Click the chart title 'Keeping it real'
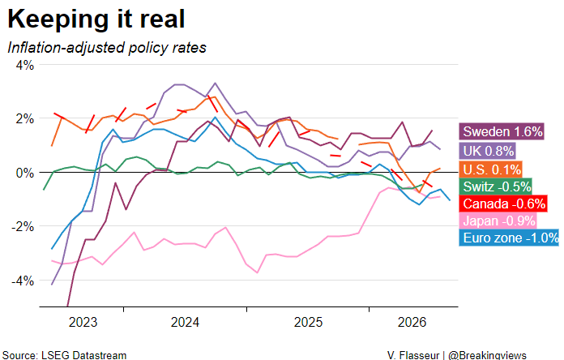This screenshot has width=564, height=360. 96,19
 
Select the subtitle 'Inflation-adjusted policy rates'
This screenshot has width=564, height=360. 107,48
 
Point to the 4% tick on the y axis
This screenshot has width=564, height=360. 25,65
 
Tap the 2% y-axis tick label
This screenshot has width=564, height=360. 25,119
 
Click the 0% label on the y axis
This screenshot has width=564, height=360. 25,173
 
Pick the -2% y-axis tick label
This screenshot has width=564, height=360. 23,227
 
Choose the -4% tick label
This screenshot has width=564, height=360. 23,281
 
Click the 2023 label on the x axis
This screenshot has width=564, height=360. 83,322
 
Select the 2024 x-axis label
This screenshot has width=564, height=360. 185,322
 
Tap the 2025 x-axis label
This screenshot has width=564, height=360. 308,322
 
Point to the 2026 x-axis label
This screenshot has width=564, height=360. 412,322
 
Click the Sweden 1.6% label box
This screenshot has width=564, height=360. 502,131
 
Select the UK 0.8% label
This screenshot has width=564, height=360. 487,151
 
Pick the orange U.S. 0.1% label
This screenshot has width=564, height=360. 491,169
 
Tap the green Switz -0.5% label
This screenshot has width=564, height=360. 496,186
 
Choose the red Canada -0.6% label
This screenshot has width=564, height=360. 503,204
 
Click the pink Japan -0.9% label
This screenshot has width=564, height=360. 498,221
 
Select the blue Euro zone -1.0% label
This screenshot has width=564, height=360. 510,238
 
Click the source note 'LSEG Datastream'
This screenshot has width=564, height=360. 83,355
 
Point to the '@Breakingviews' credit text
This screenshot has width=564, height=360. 487,355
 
